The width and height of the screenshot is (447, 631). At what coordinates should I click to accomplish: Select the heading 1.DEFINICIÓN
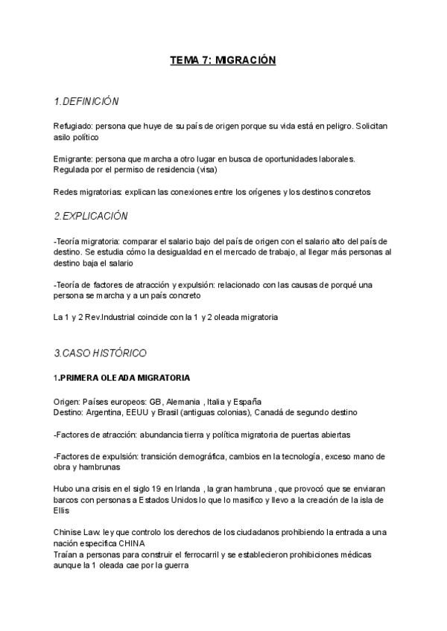(86, 101)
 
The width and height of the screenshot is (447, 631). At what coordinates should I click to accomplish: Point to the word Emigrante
(72, 158)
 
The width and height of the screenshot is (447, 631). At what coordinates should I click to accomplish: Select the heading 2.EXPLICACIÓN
(91, 216)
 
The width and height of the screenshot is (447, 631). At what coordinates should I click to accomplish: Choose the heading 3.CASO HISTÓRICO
(100, 352)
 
